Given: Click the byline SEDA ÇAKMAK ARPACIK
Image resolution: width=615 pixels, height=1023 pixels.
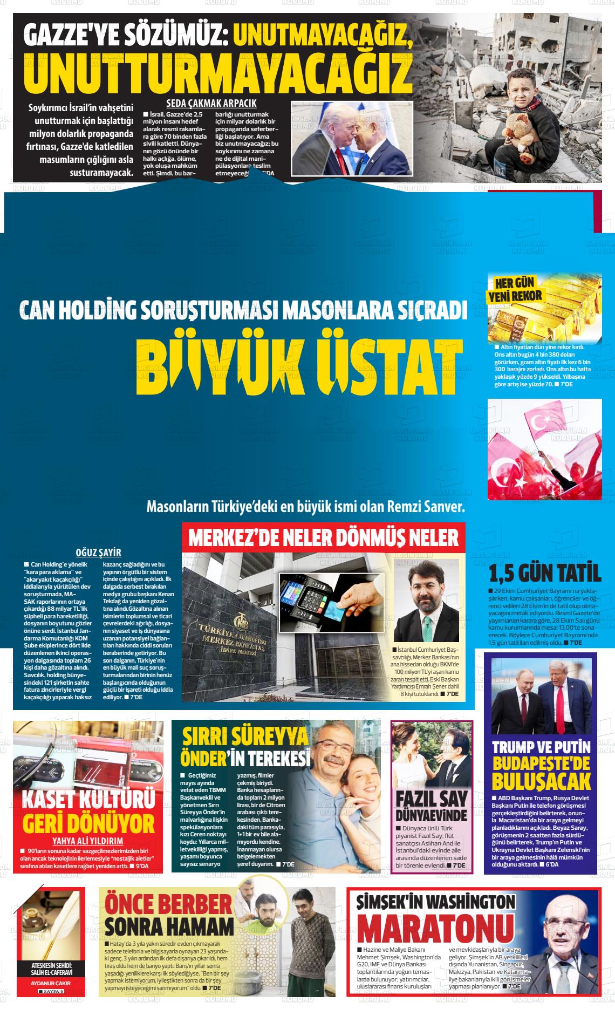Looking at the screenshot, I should pos(211,104).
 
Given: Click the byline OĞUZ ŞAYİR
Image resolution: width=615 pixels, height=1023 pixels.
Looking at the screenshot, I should pos(98,553).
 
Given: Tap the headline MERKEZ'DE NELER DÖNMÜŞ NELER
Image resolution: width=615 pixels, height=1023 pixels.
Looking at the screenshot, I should pos(323,537).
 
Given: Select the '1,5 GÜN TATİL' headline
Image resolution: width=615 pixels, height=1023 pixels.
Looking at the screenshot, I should pos(544,572).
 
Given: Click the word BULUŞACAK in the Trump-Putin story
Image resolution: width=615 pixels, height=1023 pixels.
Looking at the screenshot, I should pos(541,781).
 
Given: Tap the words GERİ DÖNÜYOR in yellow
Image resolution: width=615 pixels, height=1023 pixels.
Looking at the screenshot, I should pos(88,824).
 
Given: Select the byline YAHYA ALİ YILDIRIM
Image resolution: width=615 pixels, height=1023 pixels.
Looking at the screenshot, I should pos(87,841).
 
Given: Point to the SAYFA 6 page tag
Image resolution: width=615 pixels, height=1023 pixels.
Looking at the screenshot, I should pos(51,992).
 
